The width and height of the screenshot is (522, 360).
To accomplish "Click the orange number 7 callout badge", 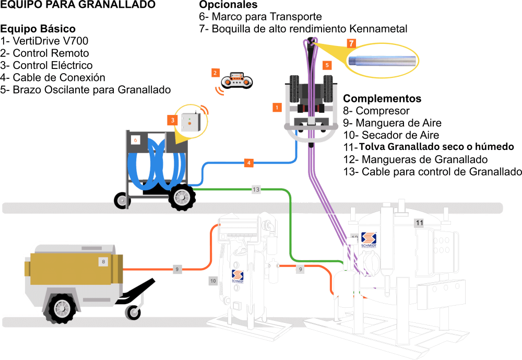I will (x=352, y=43).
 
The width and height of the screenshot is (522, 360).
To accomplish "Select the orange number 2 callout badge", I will (x=215, y=73).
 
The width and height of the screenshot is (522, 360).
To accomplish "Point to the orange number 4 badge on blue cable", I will (x=250, y=163).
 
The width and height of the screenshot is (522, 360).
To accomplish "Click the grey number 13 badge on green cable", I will (x=256, y=190).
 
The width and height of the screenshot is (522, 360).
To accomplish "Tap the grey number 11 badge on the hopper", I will (x=419, y=223).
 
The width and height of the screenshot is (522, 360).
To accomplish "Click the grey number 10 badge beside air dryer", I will (x=213, y=281).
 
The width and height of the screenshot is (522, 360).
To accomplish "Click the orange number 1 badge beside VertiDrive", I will (x=277, y=107).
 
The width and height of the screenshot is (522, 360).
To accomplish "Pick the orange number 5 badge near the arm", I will (x=327, y=65).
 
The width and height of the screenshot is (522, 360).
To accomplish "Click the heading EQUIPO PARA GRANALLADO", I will (x=78, y=5).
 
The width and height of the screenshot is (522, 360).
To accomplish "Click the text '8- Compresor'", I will (x=376, y=111).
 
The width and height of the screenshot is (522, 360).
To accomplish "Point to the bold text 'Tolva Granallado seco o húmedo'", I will (x=437, y=146).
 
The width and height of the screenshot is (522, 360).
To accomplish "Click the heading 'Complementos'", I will (x=382, y=98).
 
